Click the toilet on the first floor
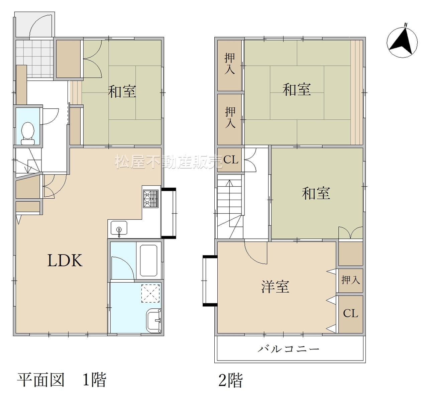pyautogui.click(x=28, y=133)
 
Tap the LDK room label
pyautogui.click(x=65, y=261)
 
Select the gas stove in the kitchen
pyautogui.click(x=151, y=199)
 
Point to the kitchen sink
pyautogui.click(x=119, y=228)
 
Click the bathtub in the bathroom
pyautogui.click(x=148, y=261)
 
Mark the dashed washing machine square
pyautogui.click(x=150, y=293)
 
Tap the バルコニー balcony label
pyautogui.click(x=289, y=348)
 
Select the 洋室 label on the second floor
pyautogui.click(x=275, y=287)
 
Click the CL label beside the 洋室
pyautogui.click(x=350, y=313)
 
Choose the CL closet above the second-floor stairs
pyautogui.click(x=230, y=160)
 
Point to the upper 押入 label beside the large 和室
pyautogui.click(x=229, y=64)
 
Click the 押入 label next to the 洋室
pyautogui.click(x=351, y=280)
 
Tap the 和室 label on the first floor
pyautogui.click(x=122, y=91)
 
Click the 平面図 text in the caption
pyautogui.click(x=41, y=380)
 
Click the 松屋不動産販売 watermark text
pyautogui.click(x=169, y=162)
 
